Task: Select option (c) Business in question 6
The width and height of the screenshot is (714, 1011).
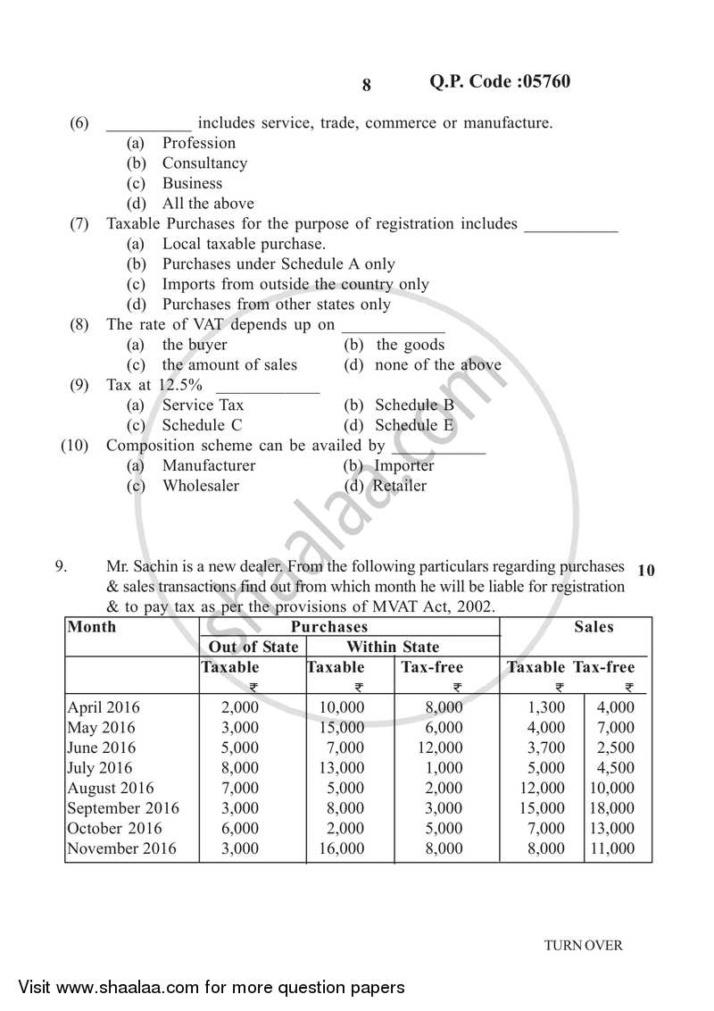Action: (192, 183)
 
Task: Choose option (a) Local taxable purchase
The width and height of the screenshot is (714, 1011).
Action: (243, 244)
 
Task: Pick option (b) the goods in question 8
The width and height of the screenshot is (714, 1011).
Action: (410, 345)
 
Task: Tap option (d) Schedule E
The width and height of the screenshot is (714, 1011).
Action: (414, 425)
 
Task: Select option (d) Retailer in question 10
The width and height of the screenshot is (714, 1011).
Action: (399, 486)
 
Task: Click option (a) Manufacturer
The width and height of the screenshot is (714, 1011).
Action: (208, 465)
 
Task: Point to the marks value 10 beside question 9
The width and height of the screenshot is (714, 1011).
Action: (646, 570)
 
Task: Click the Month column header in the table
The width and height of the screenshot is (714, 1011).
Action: (92, 626)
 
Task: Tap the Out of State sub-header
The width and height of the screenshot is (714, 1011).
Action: (253, 647)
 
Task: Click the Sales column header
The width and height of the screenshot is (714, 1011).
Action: (594, 626)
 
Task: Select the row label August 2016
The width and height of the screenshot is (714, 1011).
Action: (111, 788)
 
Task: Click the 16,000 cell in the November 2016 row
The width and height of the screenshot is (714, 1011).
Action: (342, 848)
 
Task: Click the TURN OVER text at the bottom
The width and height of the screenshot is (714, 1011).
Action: (584, 945)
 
